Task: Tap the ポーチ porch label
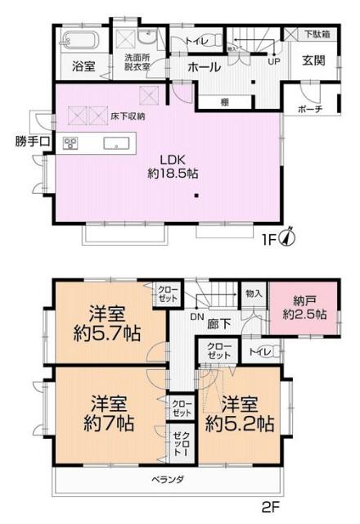tap(310, 109)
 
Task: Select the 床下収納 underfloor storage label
tap(128, 117)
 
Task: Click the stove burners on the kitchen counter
tap(70, 143)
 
